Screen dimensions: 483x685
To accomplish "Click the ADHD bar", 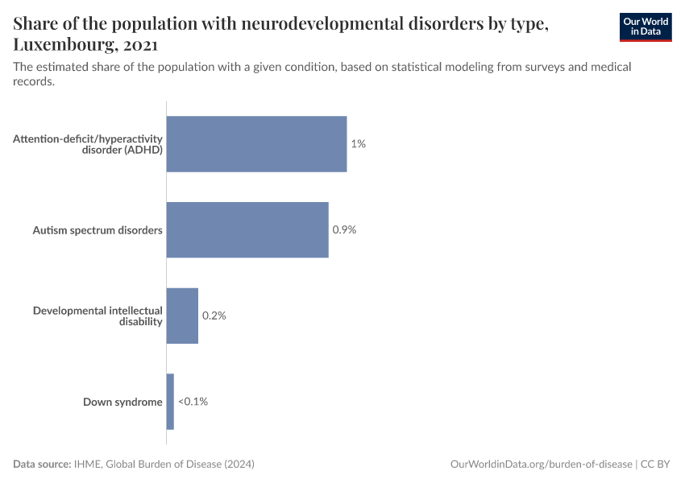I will (256, 144).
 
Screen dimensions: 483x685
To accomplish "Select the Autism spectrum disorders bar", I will (247, 229).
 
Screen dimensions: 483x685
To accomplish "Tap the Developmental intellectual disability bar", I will (182, 316).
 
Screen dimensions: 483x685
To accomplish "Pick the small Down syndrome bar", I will (170, 401).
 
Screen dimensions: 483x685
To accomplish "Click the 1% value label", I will (359, 144).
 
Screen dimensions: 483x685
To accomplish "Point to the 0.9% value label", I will (344, 229).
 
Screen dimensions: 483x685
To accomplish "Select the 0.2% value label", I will (214, 316).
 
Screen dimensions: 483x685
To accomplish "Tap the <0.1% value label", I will (193, 401).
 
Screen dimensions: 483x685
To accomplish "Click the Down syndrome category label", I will (122, 402).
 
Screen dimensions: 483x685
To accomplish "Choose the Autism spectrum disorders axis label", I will (98, 230).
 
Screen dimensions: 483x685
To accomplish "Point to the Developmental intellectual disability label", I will (98, 316).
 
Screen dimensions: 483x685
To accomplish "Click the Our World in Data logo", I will (645, 27).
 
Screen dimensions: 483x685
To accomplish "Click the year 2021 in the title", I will (142, 45).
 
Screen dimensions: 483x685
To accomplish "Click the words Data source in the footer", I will (42, 464).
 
